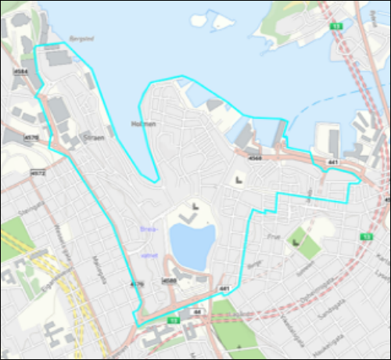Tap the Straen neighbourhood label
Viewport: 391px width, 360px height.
(93, 135)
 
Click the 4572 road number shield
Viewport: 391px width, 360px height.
(37, 171)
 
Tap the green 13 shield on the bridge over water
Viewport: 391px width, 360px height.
(336, 27)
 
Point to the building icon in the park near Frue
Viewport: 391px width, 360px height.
(296, 242)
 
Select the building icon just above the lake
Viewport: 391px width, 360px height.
(190, 209)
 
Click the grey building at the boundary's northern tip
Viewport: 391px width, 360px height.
(56, 56)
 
